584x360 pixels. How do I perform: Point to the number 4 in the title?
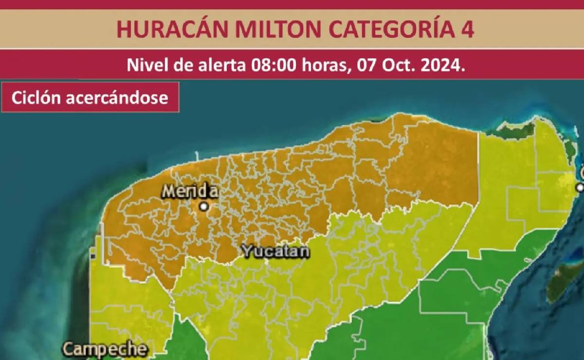(x=466, y=30)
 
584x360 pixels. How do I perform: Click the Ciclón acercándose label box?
(x=90, y=97)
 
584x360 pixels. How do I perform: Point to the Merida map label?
(x=190, y=191)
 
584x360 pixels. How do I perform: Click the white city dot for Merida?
(x=204, y=207)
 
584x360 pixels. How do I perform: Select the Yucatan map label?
(x=275, y=252)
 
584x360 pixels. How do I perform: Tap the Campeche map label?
(x=105, y=349)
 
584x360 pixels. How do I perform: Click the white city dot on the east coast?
(x=580, y=187)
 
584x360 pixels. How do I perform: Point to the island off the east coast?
(x=565, y=280)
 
